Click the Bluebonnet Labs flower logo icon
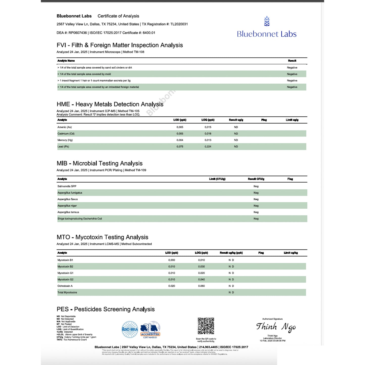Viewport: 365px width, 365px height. pyautogui.click(x=267, y=21)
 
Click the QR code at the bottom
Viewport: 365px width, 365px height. pyautogui.click(x=206, y=326)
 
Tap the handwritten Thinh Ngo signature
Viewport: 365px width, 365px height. pyautogui.click(x=276, y=327)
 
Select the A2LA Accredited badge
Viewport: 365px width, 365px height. pyautogui.click(x=150, y=329)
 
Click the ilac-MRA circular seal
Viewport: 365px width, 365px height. pyautogui.click(x=130, y=329)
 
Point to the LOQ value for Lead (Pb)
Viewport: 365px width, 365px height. pyautogui.click(x=208, y=147)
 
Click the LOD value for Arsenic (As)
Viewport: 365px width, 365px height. pyautogui.click(x=180, y=127)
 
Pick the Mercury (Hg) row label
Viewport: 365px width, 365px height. pyautogui.click(x=65, y=140)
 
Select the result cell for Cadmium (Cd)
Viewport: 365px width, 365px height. pyautogui.click(x=236, y=134)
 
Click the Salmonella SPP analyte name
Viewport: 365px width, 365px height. pyautogui.click(x=67, y=186)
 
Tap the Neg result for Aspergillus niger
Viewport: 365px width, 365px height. pyautogui.click(x=256, y=206)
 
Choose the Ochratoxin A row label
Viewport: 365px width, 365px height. pyautogui.click(x=65, y=286)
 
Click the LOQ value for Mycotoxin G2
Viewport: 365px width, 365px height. pyautogui.click(x=202, y=279)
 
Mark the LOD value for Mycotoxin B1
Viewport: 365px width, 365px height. pyautogui.click(x=172, y=260)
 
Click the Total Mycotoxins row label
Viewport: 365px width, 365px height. pyautogui.click(x=67, y=293)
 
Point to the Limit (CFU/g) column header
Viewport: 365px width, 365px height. pyautogui.click(x=217, y=179)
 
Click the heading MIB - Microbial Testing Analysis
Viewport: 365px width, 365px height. pyautogui.click(x=100, y=163)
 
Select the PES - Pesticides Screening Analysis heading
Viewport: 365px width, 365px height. pyautogui.click(x=106, y=309)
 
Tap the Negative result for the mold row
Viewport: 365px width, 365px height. pyautogui.click(x=292, y=74)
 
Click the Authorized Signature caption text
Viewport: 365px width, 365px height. pyautogui.click(x=272, y=319)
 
